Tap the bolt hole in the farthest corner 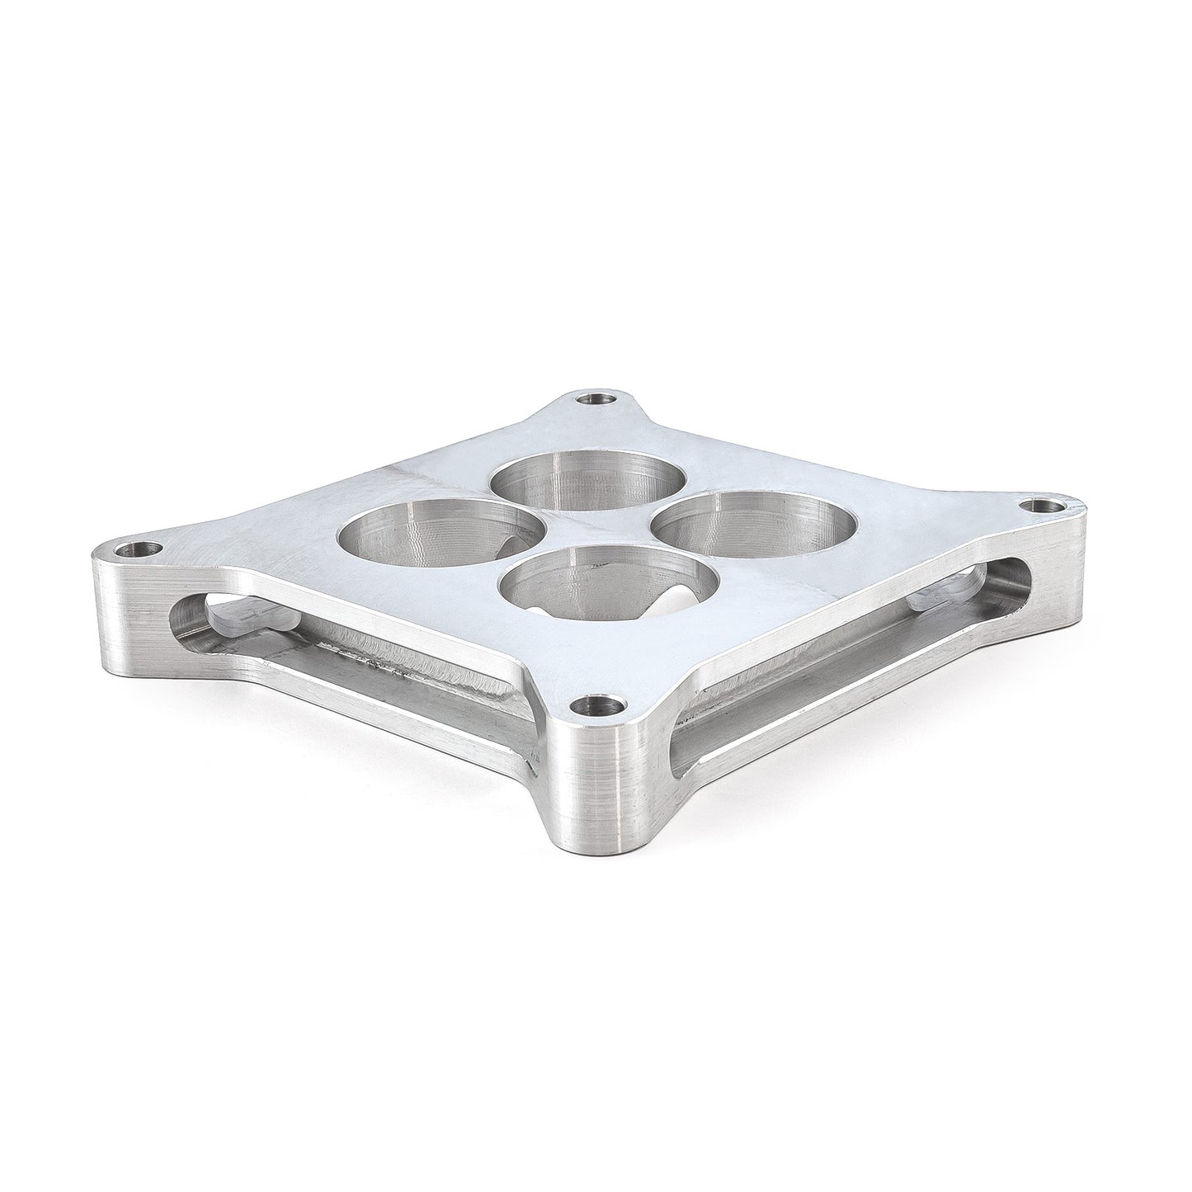(591, 398)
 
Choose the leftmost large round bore (441, 537)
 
